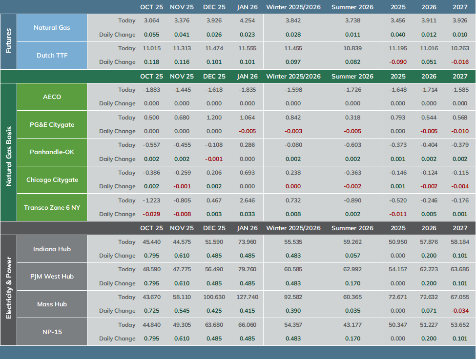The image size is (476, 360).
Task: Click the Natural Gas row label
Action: (52, 28)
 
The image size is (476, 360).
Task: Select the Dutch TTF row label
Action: (52, 56)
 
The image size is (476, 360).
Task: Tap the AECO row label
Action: (52, 97)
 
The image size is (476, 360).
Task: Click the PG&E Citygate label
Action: (52, 125)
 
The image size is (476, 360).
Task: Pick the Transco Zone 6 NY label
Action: (52, 208)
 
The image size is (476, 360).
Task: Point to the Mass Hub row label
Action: (52, 304)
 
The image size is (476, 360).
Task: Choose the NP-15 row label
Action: (52, 332)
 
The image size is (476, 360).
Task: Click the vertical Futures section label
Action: (8, 41)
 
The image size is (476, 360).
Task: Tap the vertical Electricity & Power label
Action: (8, 288)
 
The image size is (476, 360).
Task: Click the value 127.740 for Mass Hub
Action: (248, 297)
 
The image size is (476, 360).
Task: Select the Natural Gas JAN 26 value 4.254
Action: (248, 20)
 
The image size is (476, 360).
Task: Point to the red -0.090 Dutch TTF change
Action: (398, 62)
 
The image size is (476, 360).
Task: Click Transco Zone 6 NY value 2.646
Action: (248, 200)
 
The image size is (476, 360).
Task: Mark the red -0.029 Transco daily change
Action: (151, 215)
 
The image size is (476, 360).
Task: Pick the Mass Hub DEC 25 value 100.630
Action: (214, 297)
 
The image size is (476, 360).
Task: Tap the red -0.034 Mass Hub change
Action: (460, 311)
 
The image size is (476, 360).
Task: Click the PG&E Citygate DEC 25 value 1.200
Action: (214, 118)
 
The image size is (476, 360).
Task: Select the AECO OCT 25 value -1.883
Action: (151, 90)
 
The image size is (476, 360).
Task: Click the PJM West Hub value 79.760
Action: (248, 269)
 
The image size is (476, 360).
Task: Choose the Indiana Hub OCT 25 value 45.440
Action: (151, 242)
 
